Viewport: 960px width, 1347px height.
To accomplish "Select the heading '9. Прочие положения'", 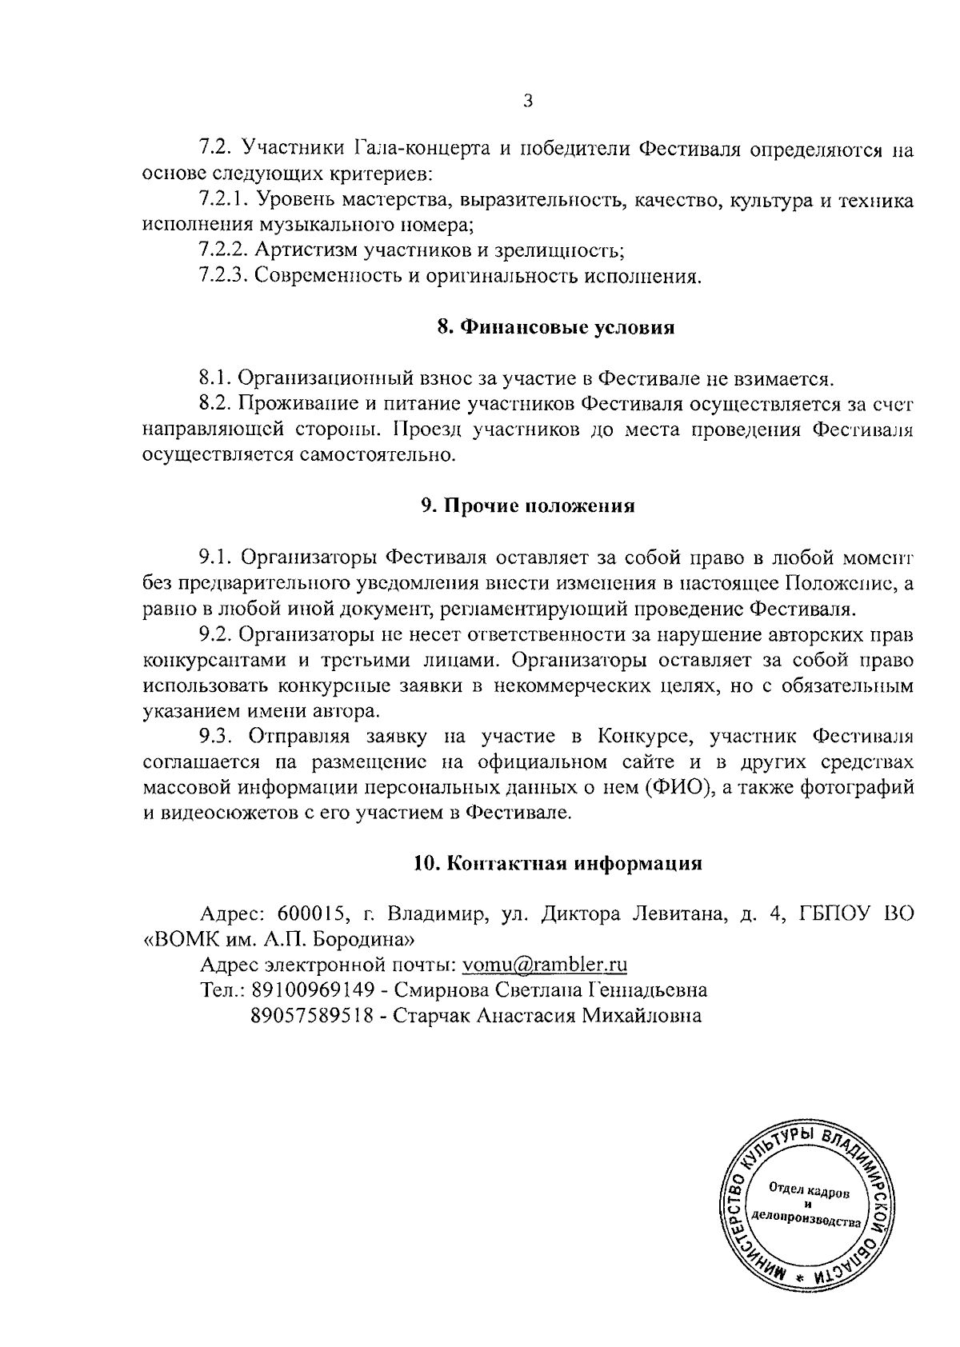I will click(x=528, y=506).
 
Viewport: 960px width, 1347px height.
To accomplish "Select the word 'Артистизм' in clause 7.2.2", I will click(x=306, y=251).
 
